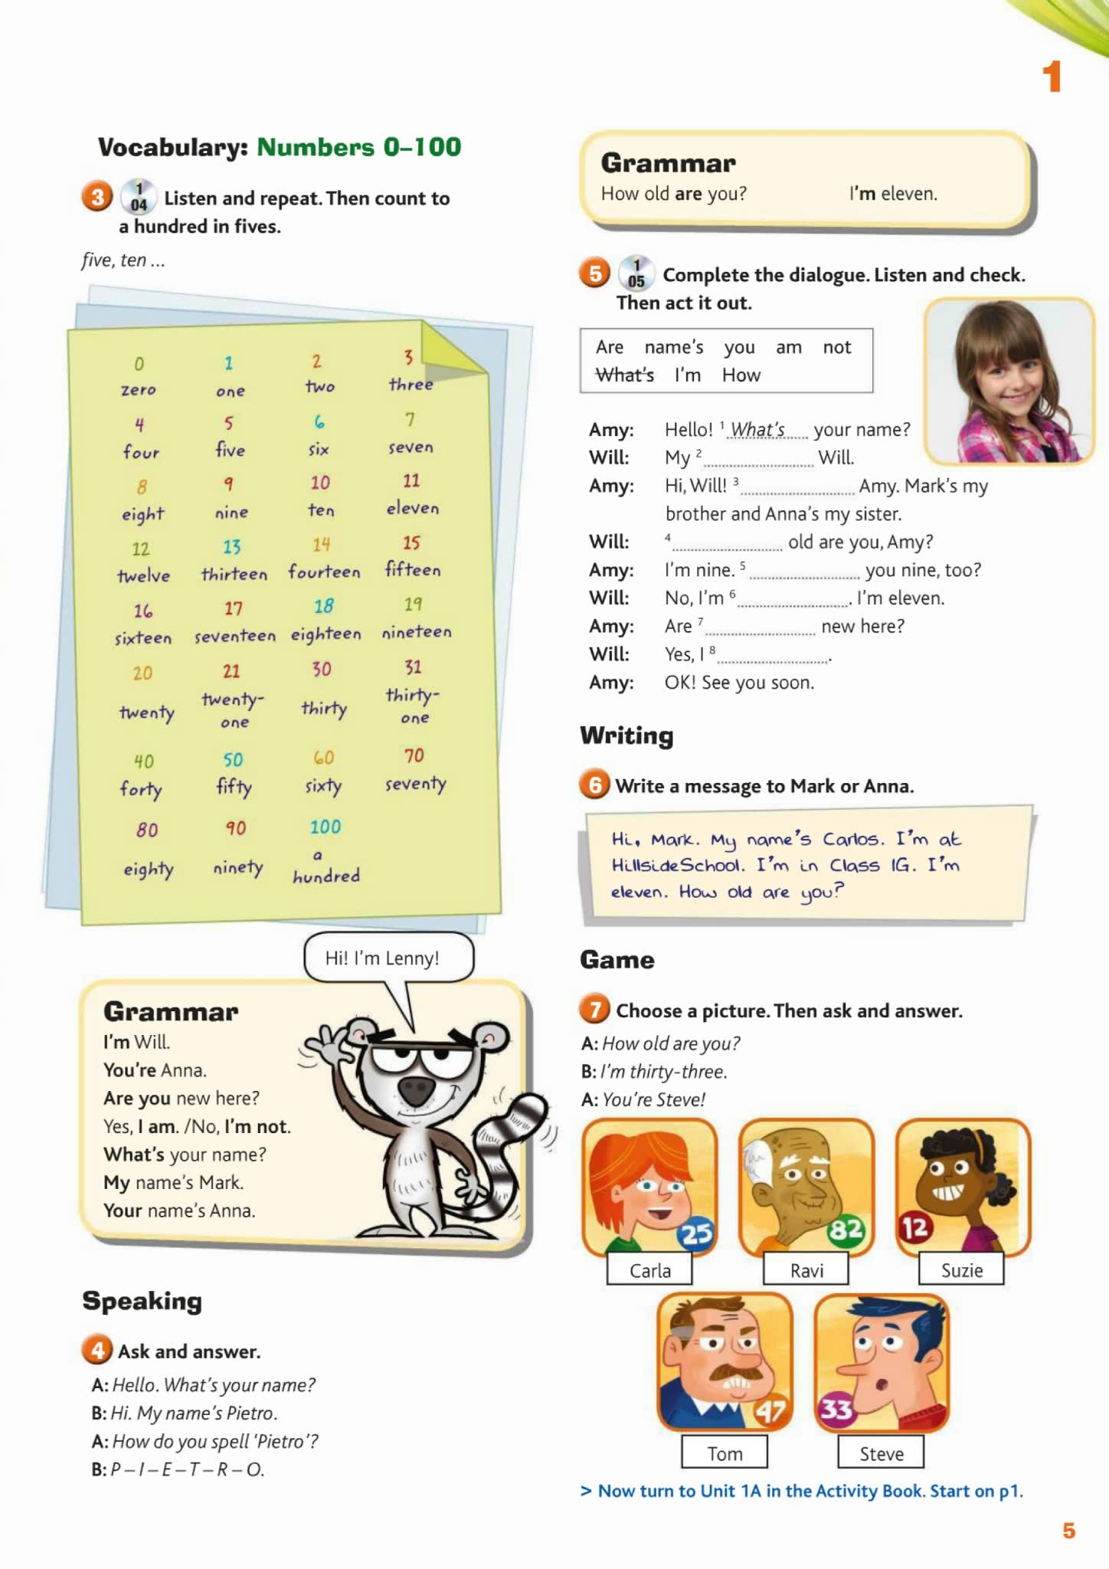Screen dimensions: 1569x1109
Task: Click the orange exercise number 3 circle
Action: pyautogui.click(x=97, y=198)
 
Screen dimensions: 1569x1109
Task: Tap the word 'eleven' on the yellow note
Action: pyautogui.click(x=412, y=508)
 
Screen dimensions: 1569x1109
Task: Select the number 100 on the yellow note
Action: pyautogui.click(x=325, y=827)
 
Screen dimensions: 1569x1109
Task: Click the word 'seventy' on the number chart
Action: pyautogui.click(x=415, y=784)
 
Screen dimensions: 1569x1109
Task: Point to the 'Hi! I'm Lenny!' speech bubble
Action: pyautogui.click(x=388, y=958)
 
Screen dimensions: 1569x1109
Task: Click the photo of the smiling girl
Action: pyautogui.click(x=1009, y=381)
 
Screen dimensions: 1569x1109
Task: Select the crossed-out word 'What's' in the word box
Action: pyautogui.click(x=625, y=375)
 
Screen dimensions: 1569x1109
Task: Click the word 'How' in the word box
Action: pyautogui.click(x=741, y=375)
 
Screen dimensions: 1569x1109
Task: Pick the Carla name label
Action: pyautogui.click(x=649, y=1270)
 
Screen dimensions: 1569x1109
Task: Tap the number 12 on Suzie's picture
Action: pyautogui.click(x=914, y=1228)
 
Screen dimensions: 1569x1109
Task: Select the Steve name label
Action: pyautogui.click(x=881, y=1453)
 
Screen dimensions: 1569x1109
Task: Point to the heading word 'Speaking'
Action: pyautogui.click(x=142, y=1300)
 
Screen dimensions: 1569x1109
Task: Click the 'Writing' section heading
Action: pyautogui.click(x=626, y=735)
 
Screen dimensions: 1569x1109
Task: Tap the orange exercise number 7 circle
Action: pyautogui.click(x=595, y=1010)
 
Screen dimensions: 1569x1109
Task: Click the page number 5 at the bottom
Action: pyautogui.click(x=1069, y=1531)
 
